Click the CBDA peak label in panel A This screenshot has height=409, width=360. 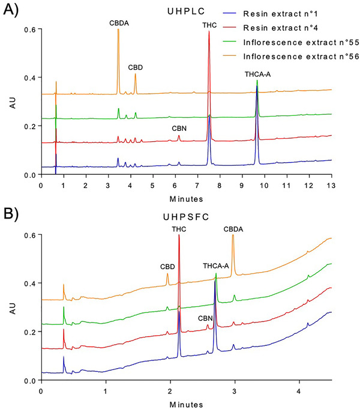coord(118,22)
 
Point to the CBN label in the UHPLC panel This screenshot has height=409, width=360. coord(179,128)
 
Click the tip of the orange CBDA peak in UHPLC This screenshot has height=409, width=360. coord(118,29)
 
